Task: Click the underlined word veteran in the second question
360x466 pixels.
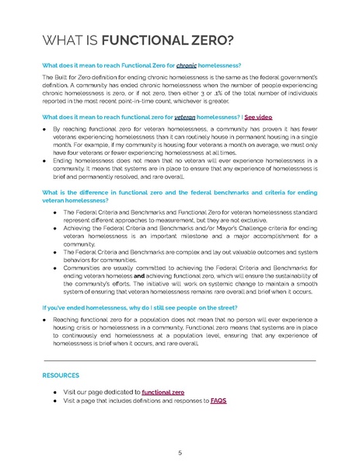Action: (183, 115)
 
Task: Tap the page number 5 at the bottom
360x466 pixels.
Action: (180, 452)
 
